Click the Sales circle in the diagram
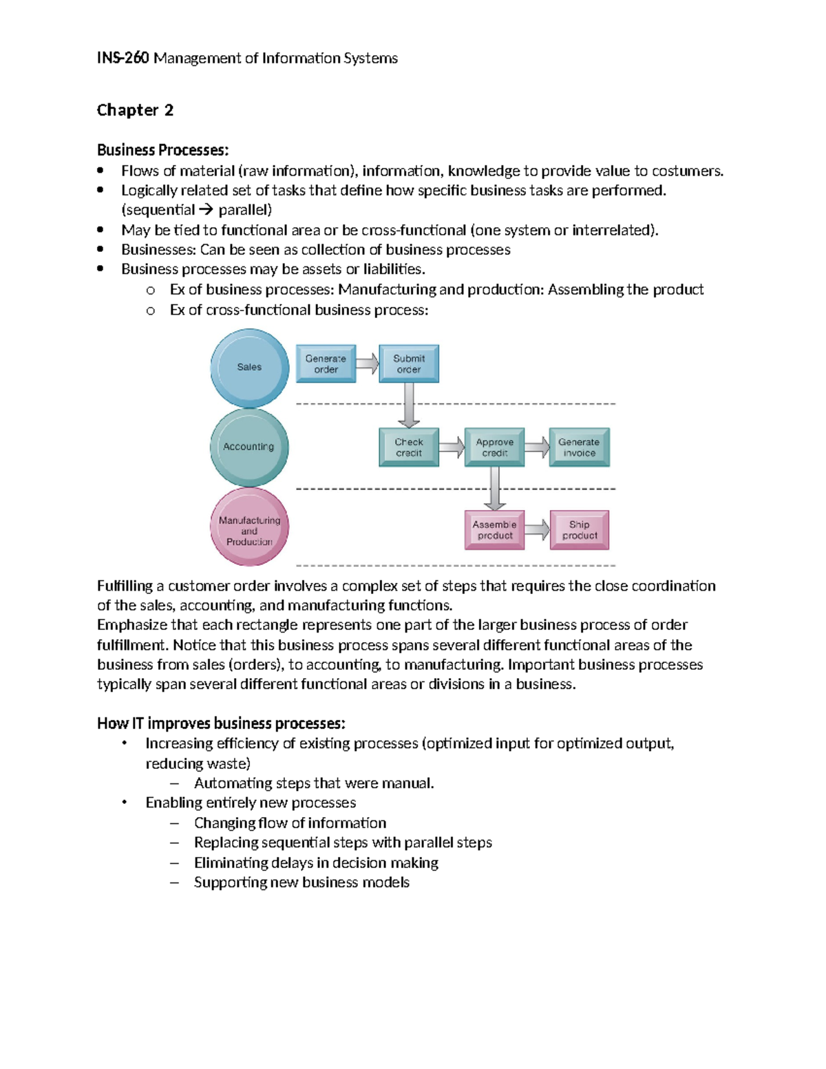click(x=249, y=368)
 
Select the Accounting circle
click(x=249, y=447)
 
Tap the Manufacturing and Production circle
click(x=249, y=527)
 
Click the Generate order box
click(x=326, y=364)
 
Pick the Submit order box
click(x=409, y=364)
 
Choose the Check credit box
click(x=409, y=447)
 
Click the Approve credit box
click(x=494, y=447)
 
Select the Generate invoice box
click(x=579, y=447)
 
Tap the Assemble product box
click(x=494, y=530)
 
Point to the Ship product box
click(x=580, y=530)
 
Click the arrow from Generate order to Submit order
click(x=368, y=363)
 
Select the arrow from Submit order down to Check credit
click(x=409, y=405)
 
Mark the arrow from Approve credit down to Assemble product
click(x=494, y=489)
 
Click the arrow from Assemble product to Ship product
click(x=538, y=530)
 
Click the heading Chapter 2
click(x=135, y=110)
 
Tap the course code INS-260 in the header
click(x=123, y=59)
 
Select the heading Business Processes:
click(x=162, y=150)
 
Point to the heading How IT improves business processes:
click(x=221, y=723)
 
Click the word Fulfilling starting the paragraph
click(x=125, y=586)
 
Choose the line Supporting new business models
click(x=301, y=882)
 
